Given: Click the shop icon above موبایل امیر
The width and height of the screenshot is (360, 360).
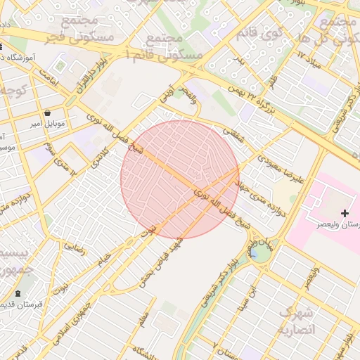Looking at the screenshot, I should tap(47, 112).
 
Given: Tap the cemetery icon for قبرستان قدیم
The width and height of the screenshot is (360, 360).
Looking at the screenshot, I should tap(18, 294).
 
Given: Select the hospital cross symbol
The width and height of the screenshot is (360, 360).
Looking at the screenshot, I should tap(345, 212).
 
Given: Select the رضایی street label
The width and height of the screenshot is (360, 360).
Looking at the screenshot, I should tap(75, 246).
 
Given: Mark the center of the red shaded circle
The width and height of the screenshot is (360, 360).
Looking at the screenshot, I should tap(180, 179).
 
